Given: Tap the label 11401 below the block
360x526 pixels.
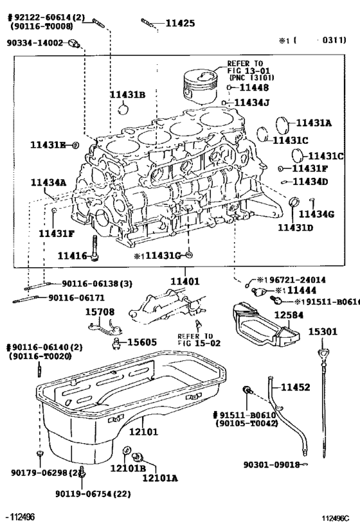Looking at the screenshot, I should point(184,281).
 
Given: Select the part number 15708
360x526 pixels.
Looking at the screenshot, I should point(100,311).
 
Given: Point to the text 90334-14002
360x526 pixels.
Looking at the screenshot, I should point(35,43).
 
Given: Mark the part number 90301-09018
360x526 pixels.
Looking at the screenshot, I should point(272,464).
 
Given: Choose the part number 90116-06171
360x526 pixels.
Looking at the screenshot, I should point(76,297).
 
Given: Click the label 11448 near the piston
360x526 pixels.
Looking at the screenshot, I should point(253,87).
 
